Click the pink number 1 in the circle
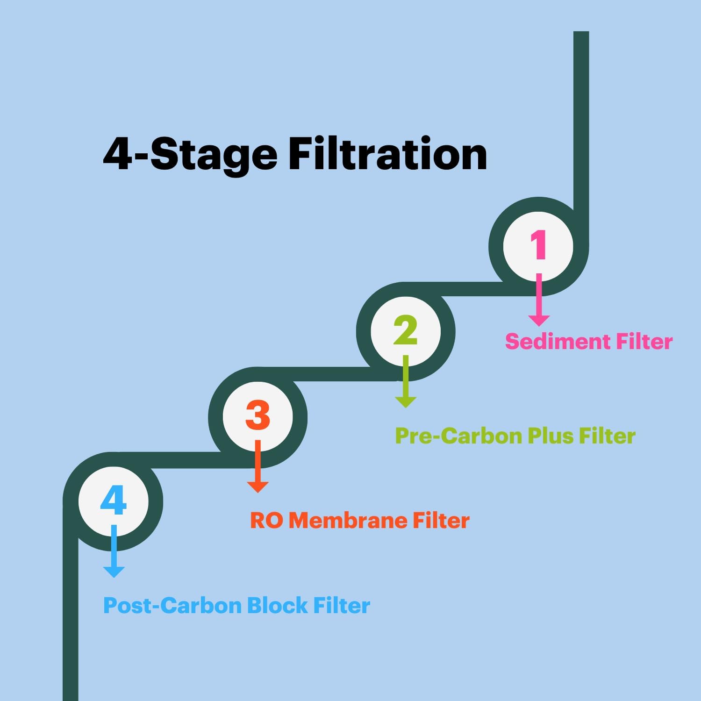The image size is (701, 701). coord(538,244)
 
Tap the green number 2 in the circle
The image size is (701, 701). coord(405,330)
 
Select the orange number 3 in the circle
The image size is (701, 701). coord(258,415)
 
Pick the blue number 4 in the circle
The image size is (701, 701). coord(114,501)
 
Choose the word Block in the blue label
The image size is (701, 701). coord(277,606)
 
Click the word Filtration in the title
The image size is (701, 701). coord(387,154)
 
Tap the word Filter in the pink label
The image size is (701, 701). coord(644,342)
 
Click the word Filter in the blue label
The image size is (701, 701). coord(341,606)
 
